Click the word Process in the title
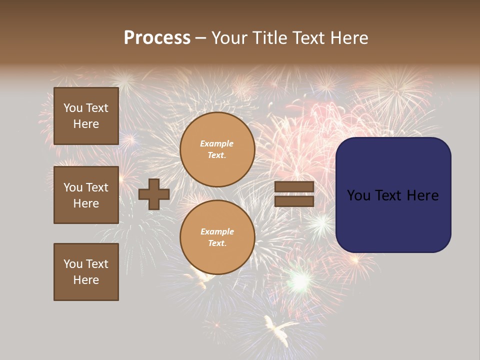pos(157,38)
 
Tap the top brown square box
pos(86,116)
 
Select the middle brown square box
pos(86,195)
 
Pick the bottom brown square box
pos(86,272)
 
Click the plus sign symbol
pos(154,194)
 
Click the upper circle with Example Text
pos(217,149)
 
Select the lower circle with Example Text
pos(217,237)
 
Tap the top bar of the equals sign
pos(294,187)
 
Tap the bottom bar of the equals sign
pos(294,201)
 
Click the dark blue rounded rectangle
pos(393,220)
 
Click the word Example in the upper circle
pos(217,143)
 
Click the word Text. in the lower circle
pos(217,243)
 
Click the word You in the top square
pos(73,108)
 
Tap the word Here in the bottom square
pos(86,280)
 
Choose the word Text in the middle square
pos(97,187)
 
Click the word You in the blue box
pos(358,195)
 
